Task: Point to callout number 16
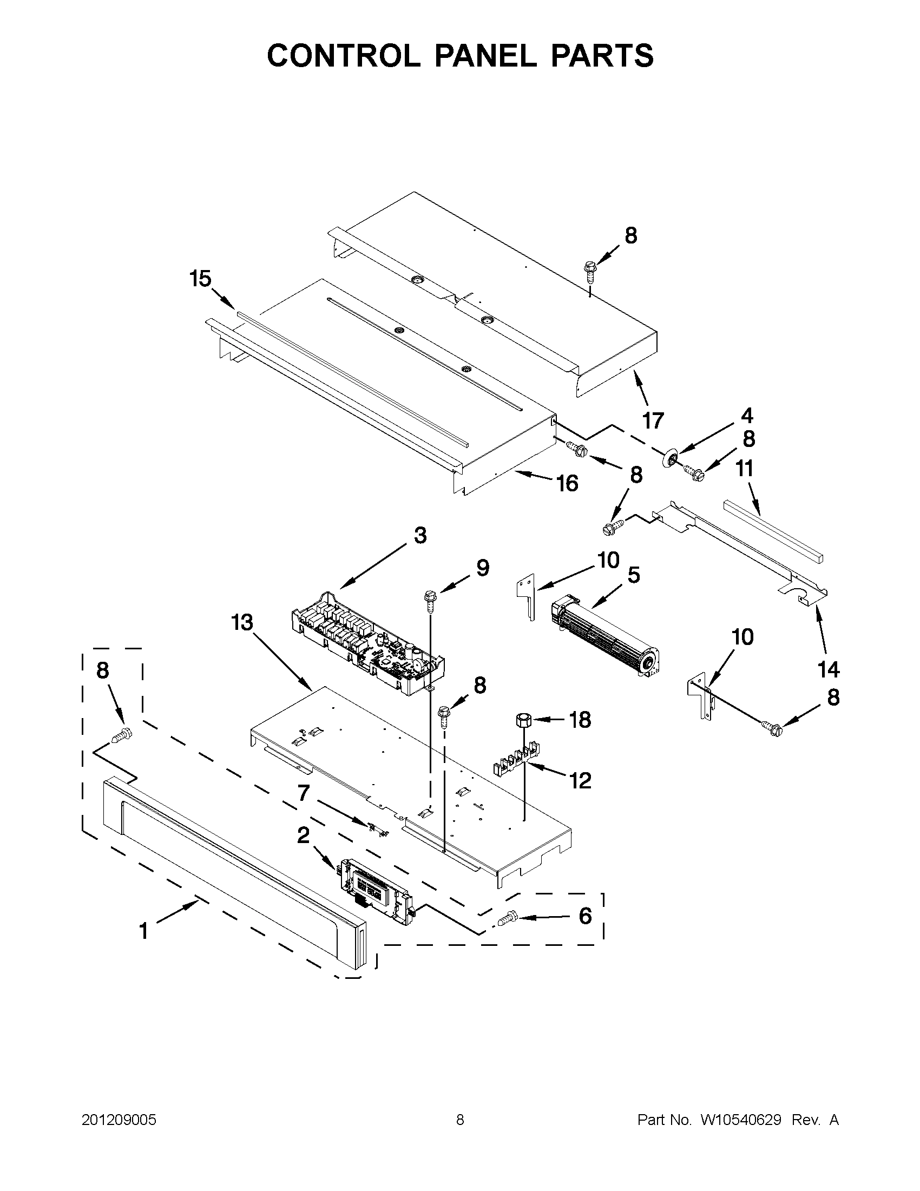pos(567,483)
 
